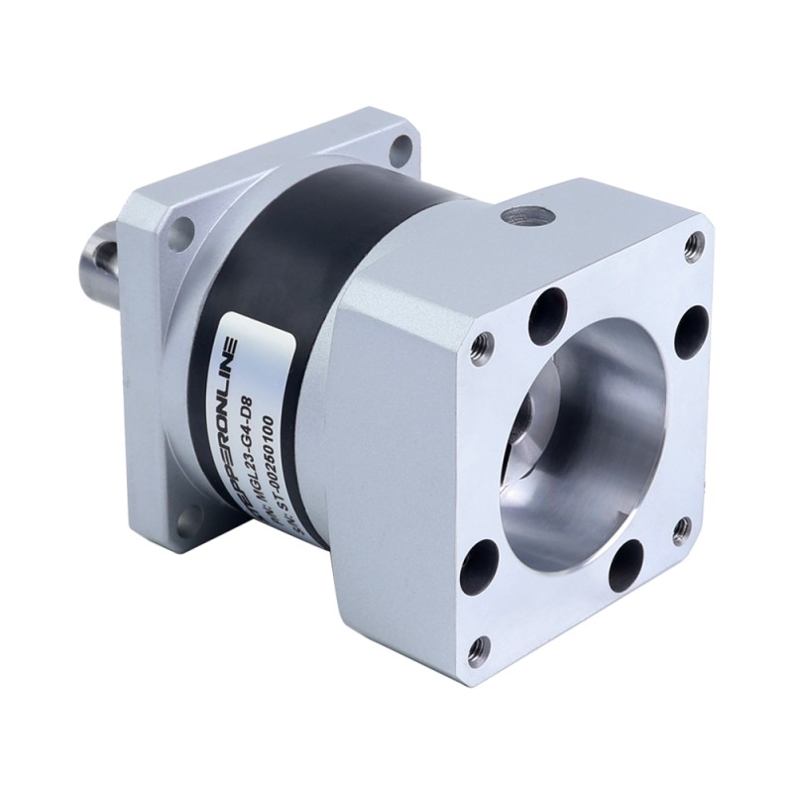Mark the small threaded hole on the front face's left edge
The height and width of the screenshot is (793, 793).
coord(481,345)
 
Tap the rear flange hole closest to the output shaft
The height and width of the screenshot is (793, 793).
coord(180,236)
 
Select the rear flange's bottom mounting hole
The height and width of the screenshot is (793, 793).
coord(187,516)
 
